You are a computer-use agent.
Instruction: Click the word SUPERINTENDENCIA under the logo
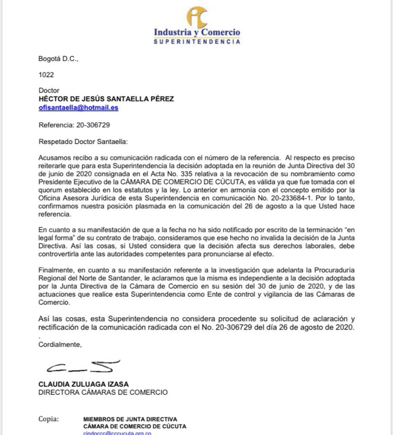click(197, 42)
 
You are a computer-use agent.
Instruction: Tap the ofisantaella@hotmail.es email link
click(78, 108)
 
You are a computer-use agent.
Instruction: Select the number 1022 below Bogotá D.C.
click(46, 75)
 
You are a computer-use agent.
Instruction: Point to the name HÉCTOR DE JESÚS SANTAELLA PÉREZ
click(106, 99)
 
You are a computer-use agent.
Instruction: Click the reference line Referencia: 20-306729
click(74, 125)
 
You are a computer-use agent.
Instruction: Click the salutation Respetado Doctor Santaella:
click(83, 141)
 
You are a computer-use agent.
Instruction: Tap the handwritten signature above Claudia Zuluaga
click(83, 367)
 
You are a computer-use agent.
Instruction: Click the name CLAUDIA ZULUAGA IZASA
click(83, 384)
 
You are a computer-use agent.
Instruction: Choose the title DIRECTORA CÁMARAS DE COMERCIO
click(103, 392)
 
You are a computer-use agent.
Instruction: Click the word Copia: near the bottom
click(48, 419)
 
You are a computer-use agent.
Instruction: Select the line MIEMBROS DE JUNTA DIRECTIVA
click(130, 419)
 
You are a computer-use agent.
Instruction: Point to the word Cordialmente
click(60, 345)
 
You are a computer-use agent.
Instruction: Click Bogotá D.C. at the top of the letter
click(58, 59)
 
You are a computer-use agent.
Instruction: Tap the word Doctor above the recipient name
click(49, 90)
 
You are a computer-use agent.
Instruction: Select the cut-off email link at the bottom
click(117, 433)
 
